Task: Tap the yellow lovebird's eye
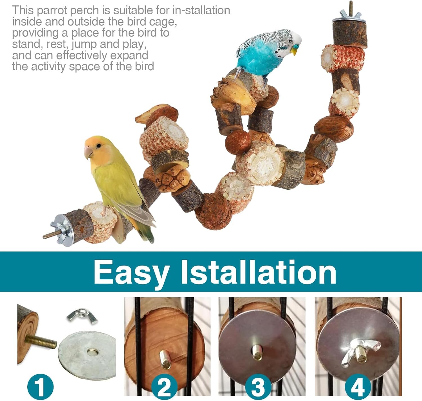(x=98, y=146)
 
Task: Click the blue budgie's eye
(x=290, y=40)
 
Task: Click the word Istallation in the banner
(x=259, y=271)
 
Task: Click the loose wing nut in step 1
(x=82, y=316)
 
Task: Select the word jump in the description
(x=84, y=45)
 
